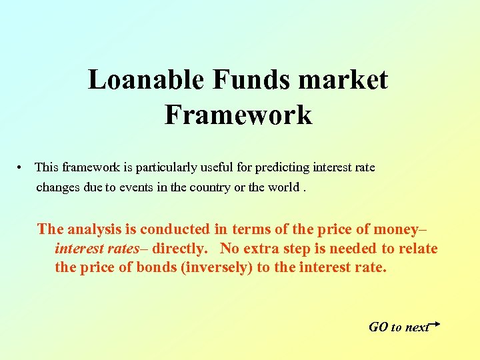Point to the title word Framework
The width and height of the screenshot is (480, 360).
[238, 115]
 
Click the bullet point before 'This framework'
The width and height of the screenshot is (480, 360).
[22, 167]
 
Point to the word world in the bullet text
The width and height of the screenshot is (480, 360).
[283, 187]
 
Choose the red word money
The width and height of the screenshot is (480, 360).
[395, 229]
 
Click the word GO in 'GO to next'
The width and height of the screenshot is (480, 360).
[378, 327]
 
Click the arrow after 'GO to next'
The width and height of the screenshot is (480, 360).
[435, 323]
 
